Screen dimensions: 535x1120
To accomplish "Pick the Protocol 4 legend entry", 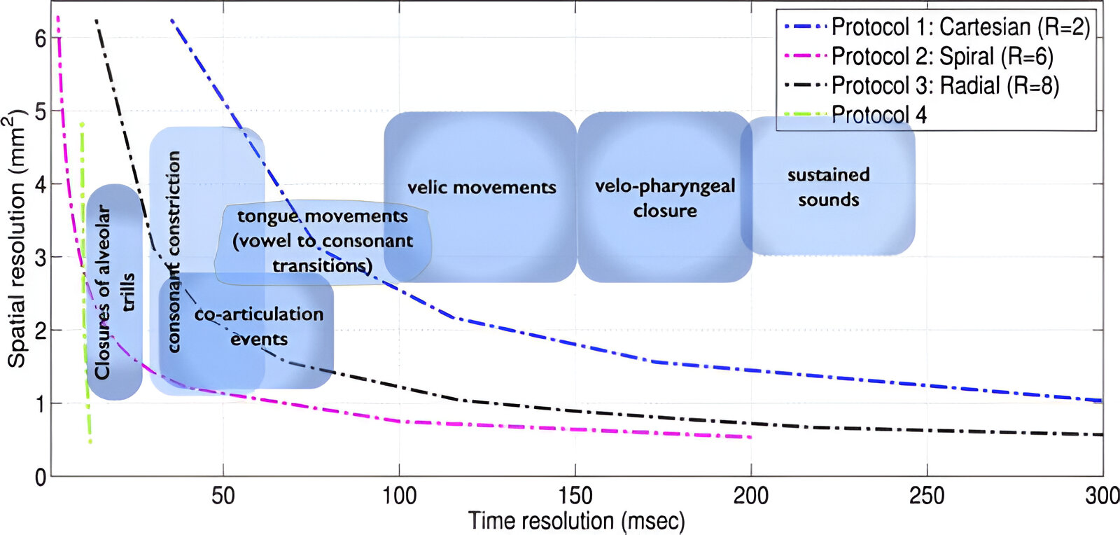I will click(x=878, y=115).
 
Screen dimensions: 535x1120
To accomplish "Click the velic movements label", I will click(x=482, y=188).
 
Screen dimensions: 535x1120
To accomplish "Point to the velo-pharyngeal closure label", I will click(x=665, y=198).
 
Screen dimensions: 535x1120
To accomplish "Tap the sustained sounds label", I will click(x=829, y=187).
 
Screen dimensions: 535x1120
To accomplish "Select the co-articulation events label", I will click(x=259, y=326).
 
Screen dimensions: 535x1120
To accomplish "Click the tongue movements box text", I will click(x=323, y=241).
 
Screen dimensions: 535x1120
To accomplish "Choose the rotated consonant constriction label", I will click(x=174, y=252).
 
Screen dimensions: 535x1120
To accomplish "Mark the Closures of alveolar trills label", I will click(x=114, y=292).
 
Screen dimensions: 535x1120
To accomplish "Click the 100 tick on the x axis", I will click(x=399, y=496).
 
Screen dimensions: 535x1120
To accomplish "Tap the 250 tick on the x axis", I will click(x=927, y=496).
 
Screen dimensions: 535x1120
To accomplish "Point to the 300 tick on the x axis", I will click(x=1102, y=496).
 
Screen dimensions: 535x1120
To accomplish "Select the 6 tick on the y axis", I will click(x=41, y=39).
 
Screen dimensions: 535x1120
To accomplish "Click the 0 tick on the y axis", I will click(x=41, y=477).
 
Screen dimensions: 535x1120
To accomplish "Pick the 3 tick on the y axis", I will click(x=41, y=258).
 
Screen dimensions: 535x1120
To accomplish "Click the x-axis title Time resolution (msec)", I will click(x=576, y=521).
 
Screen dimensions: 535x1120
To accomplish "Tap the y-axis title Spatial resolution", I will click(x=17, y=238).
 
